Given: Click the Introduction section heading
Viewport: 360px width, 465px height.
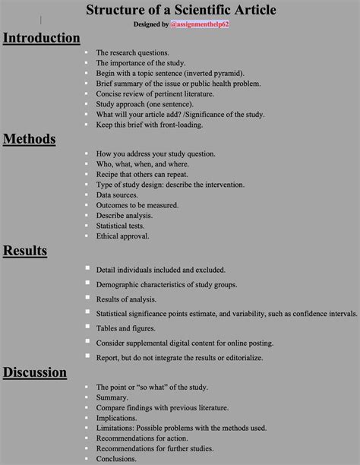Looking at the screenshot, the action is pyautogui.click(x=41, y=38).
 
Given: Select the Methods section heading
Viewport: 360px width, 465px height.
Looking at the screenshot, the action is pyautogui.click(x=30, y=138).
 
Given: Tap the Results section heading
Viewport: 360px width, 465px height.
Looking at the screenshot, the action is pyautogui.click(x=26, y=251).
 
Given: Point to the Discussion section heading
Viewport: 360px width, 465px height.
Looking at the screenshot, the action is pyautogui.click(x=35, y=372).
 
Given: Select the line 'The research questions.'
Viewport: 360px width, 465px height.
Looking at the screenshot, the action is pyautogui.click(x=133, y=52).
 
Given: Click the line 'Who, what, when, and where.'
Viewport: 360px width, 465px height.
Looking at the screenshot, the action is pyautogui.click(x=143, y=164).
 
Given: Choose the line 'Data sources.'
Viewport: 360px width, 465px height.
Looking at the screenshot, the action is pyautogui.click(x=118, y=195).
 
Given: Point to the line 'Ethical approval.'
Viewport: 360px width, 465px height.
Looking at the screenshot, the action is pyautogui.click(x=125, y=236).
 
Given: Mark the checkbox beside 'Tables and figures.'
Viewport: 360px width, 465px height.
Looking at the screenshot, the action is pyautogui.click(x=87, y=327).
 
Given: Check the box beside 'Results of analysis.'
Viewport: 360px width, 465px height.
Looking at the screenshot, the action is pyautogui.click(x=87, y=297).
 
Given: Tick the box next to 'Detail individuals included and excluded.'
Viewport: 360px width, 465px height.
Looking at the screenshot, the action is pyautogui.click(x=87, y=268).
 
